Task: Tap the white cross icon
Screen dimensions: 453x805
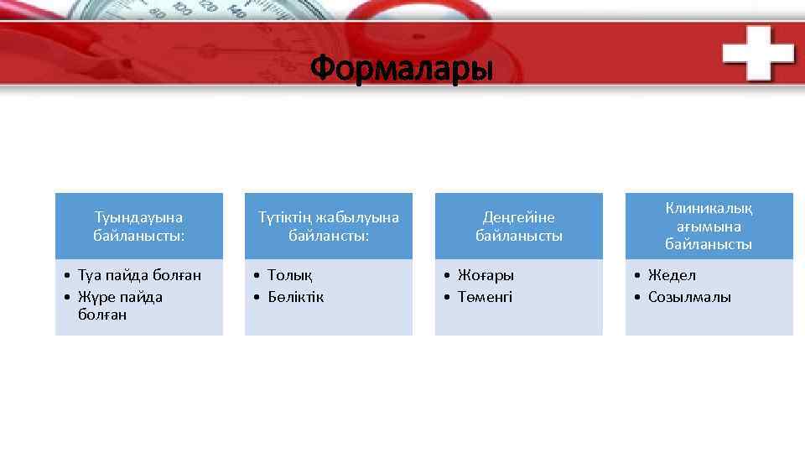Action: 758,52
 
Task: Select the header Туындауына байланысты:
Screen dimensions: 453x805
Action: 139,226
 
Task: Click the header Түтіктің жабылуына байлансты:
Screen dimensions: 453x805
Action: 329,226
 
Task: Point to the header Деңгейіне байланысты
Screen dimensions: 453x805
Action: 519,226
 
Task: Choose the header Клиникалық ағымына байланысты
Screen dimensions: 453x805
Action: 709,226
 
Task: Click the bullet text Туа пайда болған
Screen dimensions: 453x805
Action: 139,275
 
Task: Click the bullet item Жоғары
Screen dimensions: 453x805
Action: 486,275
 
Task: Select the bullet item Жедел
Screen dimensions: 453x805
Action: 672,275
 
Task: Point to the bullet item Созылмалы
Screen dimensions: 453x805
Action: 689,297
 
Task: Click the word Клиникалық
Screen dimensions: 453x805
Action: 709,208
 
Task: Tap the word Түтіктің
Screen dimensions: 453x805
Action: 288,217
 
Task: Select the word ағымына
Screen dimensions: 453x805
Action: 709,226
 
